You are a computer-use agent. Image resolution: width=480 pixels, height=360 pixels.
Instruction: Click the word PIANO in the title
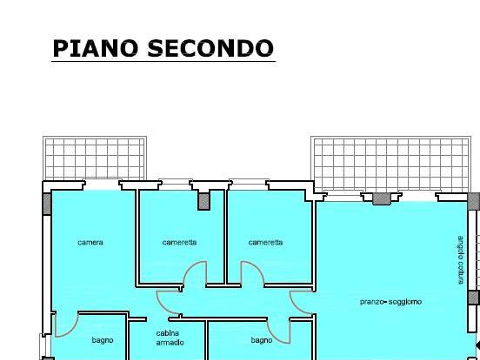pos(95,48)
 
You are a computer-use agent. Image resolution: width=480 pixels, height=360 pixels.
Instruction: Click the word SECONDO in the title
pos(210,48)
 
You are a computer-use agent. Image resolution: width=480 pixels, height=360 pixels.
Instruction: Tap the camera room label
pos(90,243)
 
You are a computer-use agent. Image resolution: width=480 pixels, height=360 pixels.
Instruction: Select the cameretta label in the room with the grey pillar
pos(179,243)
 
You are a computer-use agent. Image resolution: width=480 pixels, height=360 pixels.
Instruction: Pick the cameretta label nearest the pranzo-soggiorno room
pos(265,243)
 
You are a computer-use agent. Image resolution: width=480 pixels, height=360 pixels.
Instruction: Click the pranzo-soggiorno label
pos(391,302)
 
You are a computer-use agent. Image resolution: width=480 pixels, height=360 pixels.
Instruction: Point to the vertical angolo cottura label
pos(461,260)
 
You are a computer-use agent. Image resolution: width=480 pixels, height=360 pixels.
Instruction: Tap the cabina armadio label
pos(170,338)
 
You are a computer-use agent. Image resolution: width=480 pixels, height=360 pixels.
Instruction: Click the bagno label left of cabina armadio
pos(103,340)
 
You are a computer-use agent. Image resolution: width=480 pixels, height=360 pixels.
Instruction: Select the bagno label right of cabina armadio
pos(261,340)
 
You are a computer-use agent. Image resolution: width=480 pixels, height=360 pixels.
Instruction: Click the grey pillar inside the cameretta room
pos(204,202)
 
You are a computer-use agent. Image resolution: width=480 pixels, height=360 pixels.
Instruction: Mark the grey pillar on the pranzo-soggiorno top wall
pos(381,199)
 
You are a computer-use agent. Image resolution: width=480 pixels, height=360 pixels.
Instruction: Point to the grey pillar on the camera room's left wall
pos(47,204)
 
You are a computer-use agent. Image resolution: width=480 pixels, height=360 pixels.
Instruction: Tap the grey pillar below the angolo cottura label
pos(473,298)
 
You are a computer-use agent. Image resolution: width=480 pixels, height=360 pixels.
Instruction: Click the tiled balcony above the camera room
pos(95,158)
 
